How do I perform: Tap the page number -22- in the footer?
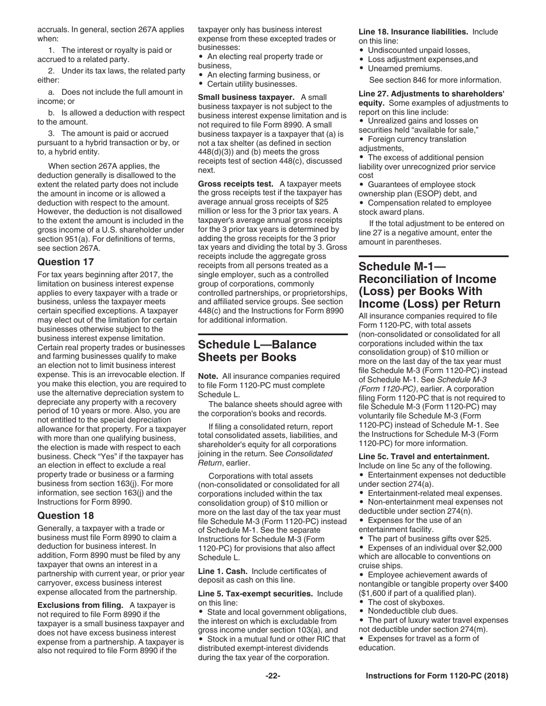272,676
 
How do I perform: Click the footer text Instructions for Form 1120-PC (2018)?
437,676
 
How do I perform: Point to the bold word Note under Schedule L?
207,376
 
